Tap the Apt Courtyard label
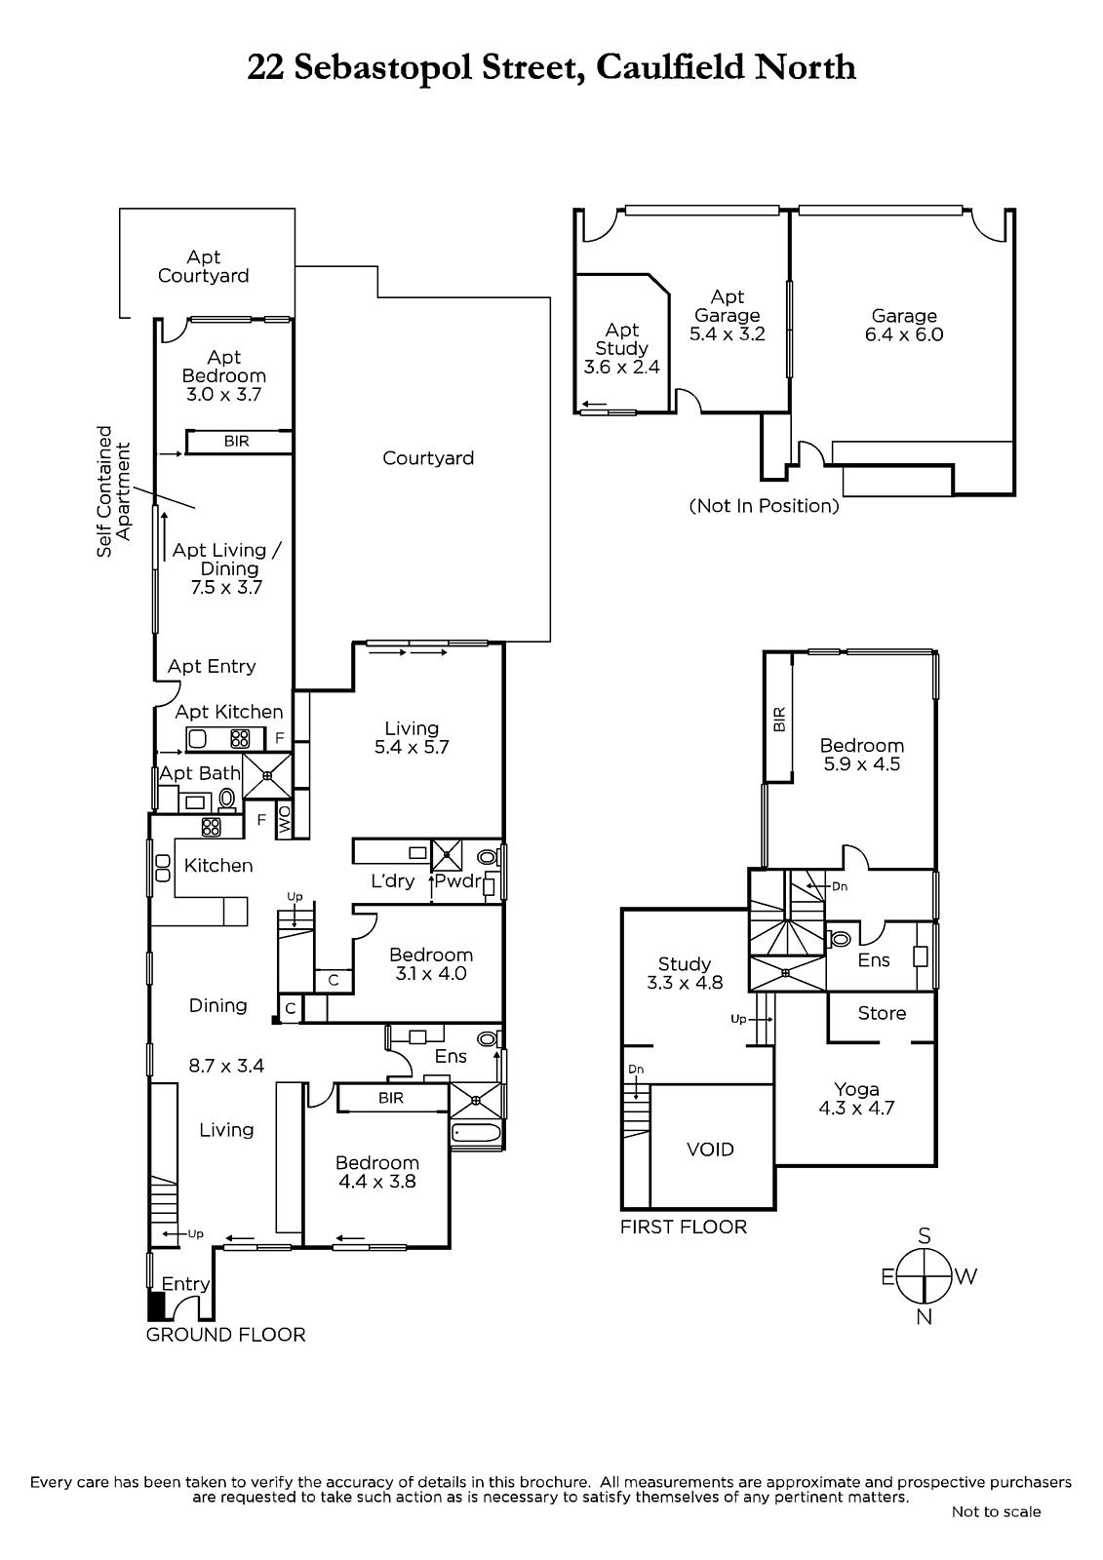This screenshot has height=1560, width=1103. point(204,267)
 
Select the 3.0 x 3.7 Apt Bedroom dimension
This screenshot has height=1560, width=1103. point(223,394)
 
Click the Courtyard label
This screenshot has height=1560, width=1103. point(428,458)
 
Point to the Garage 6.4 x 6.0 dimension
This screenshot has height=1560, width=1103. point(904,334)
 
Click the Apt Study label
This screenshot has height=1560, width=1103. point(621,338)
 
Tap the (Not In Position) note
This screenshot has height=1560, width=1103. point(765,506)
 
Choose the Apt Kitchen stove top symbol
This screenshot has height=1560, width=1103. point(240,738)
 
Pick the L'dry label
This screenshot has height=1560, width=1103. point(393,881)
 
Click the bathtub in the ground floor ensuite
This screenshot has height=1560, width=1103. point(477,1132)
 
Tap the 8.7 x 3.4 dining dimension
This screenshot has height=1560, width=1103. point(226,1066)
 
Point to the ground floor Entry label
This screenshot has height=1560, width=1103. point(185,1283)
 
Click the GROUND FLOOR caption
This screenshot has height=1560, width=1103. point(225,1335)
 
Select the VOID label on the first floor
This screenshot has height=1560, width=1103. point(710,1150)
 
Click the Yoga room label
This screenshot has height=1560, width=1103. point(856,1089)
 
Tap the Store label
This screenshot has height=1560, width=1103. point(882,1013)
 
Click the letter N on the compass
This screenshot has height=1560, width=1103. point(924,1317)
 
